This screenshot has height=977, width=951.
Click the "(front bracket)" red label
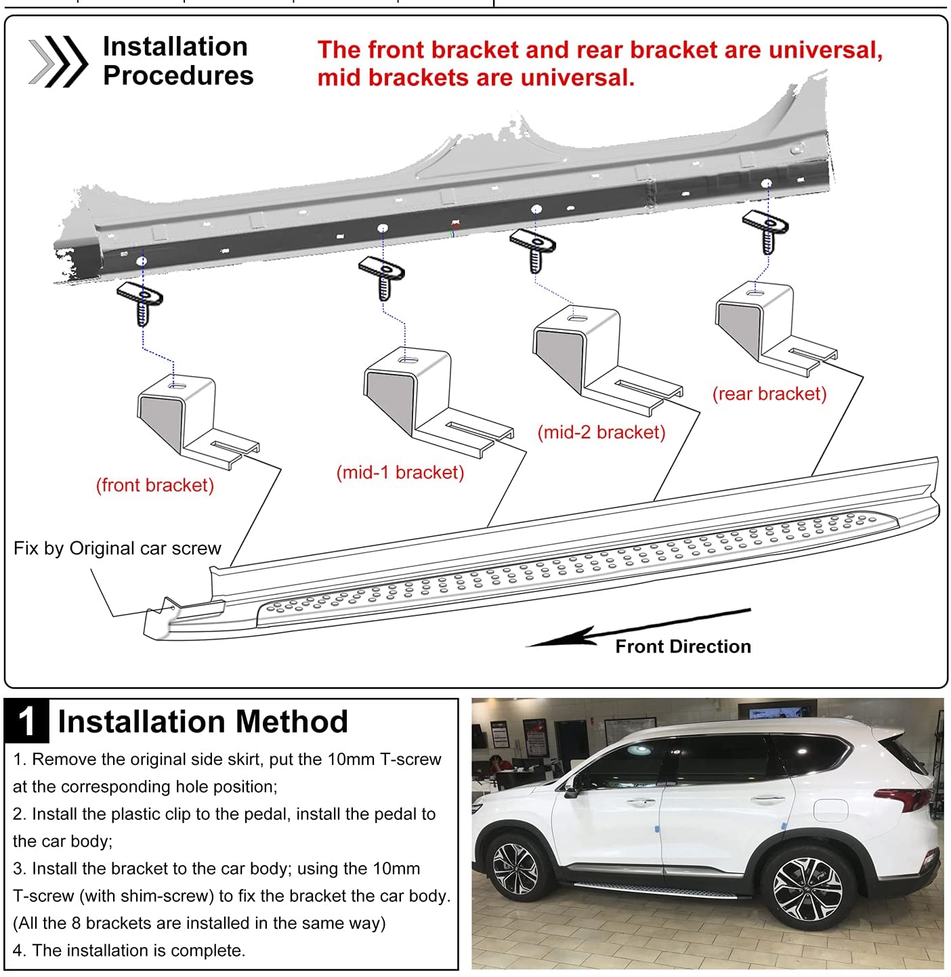[x=155, y=485]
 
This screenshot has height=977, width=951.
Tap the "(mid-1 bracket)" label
[x=400, y=472]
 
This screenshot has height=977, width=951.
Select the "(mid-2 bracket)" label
[x=601, y=432]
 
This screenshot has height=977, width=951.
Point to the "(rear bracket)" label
[x=769, y=394]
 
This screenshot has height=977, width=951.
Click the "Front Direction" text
[x=683, y=646]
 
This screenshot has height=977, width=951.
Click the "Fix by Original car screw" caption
[x=117, y=548]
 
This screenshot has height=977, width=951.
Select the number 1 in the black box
[x=27, y=721]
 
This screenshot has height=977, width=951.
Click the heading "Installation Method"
[x=203, y=721]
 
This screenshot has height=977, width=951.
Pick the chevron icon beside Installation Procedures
[x=58, y=62]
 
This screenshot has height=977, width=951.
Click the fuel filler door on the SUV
[x=830, y=809]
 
